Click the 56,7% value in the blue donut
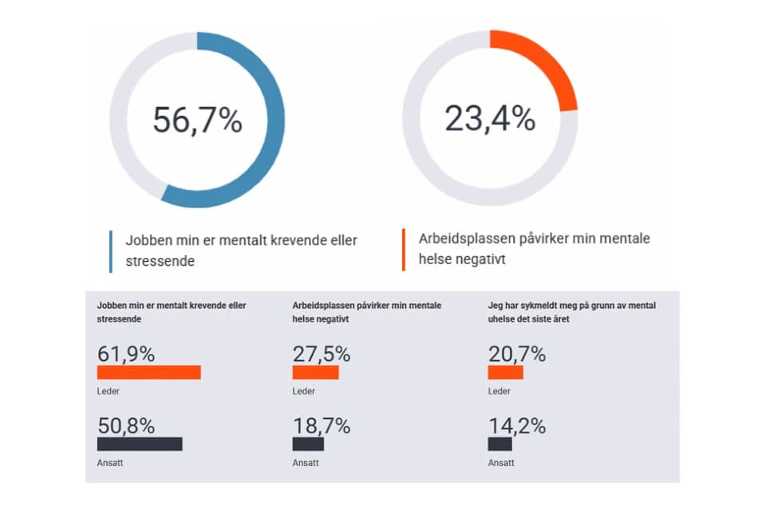(197, 120)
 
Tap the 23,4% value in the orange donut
(489, 119)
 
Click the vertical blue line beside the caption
(110, 251)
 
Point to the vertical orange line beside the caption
(403, 249)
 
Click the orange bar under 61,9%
(148, 372)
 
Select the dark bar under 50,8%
(140, 444)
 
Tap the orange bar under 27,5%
(315, 372)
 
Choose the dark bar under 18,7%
(308, 444)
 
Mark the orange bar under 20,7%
(505, 372)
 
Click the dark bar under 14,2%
(499, 444)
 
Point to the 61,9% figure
(125, 354)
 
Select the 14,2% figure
(516, 425)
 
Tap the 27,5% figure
(321, 354)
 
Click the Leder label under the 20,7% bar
(499, 391)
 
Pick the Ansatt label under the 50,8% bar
(110, 462)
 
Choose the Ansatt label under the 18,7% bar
(306, 462)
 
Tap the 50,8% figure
(125, 425)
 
